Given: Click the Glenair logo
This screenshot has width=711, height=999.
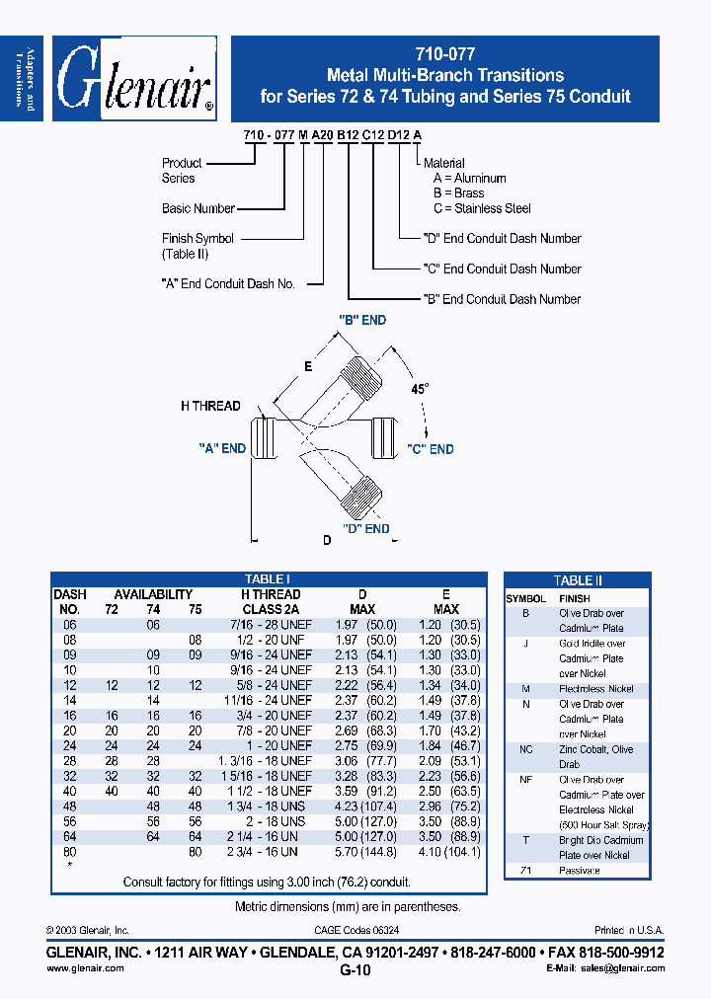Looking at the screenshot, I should coord(134,80).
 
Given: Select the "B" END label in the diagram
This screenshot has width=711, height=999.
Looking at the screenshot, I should coord(362,320).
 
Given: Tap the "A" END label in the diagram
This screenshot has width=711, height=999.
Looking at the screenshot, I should coord(222,448).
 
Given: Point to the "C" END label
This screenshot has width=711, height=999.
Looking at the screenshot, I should coord(430,449).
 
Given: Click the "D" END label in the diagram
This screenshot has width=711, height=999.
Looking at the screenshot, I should coord(365,528).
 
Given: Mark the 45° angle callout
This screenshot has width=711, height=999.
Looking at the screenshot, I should coord(421,389).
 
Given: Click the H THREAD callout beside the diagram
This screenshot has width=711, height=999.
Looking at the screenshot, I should coord(210,406).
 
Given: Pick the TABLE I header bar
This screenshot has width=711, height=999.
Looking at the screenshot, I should coord(267,579).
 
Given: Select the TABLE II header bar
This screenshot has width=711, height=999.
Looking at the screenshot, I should coord(578,580).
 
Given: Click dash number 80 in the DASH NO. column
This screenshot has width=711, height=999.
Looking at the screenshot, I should coord(68,851).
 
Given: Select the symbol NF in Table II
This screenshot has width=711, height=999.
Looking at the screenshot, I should coord(526,780).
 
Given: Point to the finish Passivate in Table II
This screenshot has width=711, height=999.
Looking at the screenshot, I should coord(579,871).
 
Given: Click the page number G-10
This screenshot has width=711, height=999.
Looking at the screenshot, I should coord(355,970).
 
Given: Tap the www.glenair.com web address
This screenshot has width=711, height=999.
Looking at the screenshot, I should coord(85,968).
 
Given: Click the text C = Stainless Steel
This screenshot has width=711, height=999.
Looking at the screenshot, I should coord(482,208).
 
